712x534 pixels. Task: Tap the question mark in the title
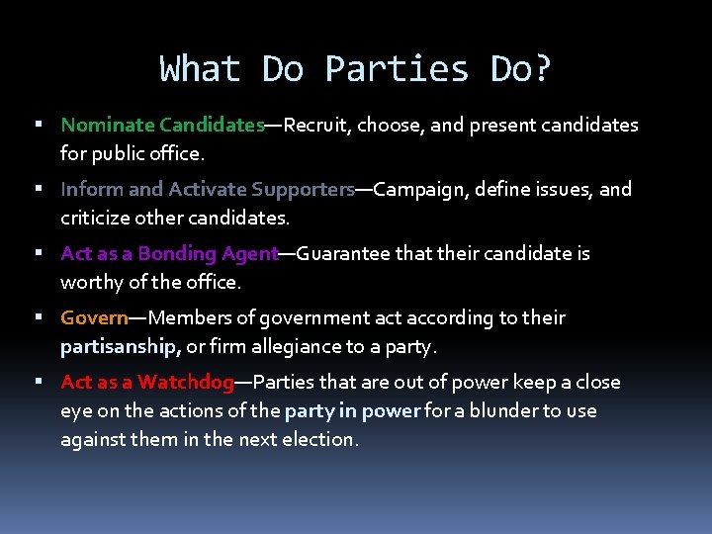[x=542, y=69]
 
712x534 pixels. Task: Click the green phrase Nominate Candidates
[x=162, y=126]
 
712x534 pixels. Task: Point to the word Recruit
[x=317, y=126]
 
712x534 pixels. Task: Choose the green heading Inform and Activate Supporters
[x=208, y=189]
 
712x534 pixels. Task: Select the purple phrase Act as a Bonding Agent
[x=169, y=253]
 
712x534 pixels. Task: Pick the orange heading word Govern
[x=95, y=317]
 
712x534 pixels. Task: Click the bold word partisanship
[x=120, y=346]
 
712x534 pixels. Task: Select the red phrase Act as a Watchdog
[x=147, y=382]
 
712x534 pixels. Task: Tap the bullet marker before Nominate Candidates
[x=37, y=126]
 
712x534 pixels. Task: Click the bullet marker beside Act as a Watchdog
[x=37, y=382]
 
